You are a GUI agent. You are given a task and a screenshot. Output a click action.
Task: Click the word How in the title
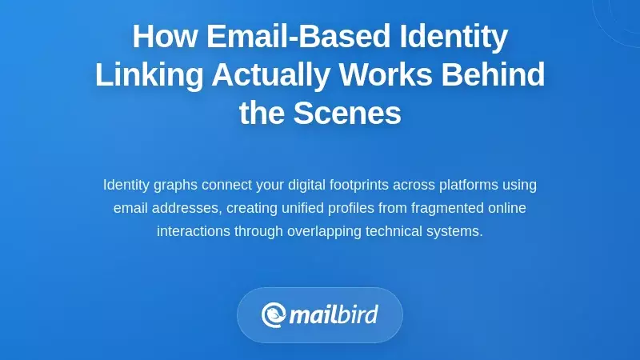(x=164, y=37)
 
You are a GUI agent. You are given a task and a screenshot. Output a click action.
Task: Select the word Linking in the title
(x=148, y=75)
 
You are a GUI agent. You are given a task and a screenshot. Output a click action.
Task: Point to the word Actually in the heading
(x=270, y=75)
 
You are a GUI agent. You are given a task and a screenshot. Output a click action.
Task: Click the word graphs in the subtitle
(x=175, y=185)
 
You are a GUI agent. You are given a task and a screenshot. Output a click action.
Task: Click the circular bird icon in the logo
(x=274, y=315)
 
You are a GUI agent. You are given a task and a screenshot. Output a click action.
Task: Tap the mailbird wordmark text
(x=333, y=315)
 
